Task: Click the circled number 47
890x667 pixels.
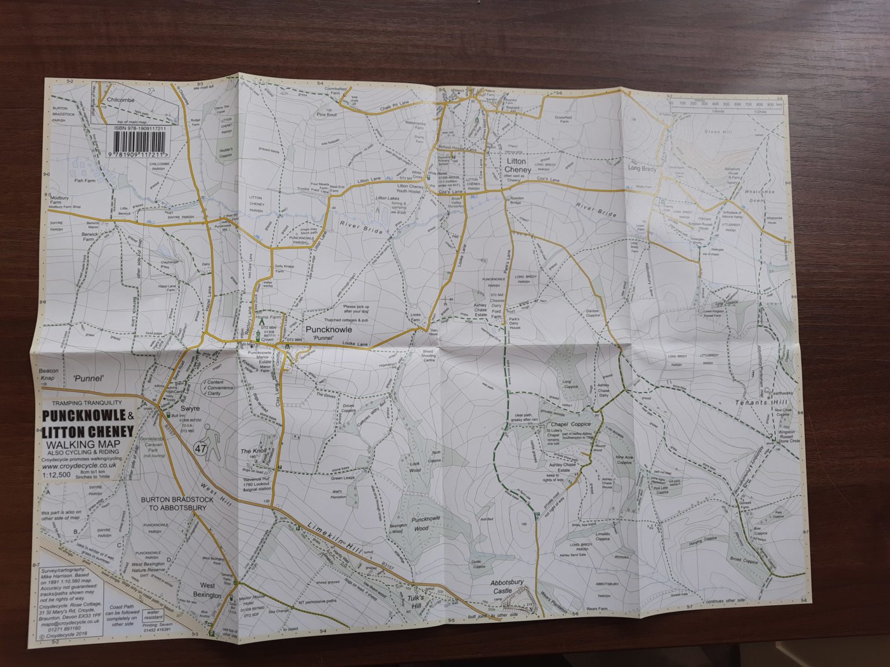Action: click(201, 448)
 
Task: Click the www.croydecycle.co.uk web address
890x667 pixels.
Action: click(81, 465)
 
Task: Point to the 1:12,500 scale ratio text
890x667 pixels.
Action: click(57, 474)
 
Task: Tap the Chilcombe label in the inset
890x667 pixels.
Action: click(120, 100)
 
